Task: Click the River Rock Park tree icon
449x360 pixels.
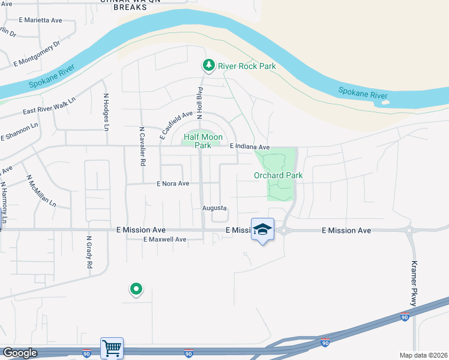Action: tap(209, 65)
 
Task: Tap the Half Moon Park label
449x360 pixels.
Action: tap(203, 141)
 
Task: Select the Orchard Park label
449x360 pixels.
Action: tap(278, 175)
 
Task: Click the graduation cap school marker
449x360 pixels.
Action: tap(262, 229)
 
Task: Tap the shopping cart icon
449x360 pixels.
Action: tap(112, 347)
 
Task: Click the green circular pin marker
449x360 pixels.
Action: tap(136, 289)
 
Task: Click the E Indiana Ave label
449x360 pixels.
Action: tap(250, 147)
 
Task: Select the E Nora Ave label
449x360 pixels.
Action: tap(173, 184)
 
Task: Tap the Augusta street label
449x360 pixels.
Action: tap(214, 208)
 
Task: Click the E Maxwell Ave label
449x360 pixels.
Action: tap(164, 239)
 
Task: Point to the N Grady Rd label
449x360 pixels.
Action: tap(89, 251)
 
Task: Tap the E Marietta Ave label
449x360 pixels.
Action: tap(40, 20)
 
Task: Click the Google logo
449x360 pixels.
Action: tap(19, 353)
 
